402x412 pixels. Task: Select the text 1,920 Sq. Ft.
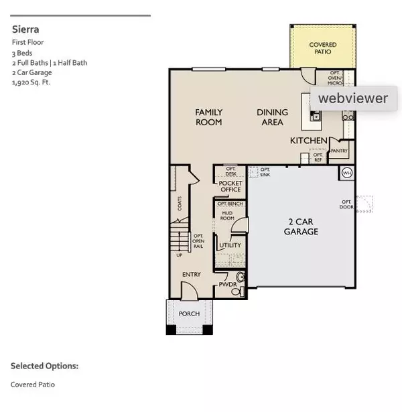click(31, 82)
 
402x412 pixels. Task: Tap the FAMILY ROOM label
click(208, 117)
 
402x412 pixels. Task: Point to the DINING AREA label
click(272, 117)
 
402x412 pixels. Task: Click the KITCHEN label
click(308, 141)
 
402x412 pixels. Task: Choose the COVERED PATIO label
click(322, 48)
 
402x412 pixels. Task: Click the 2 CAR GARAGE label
click(299, 227)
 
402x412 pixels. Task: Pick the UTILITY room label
click(229, 246)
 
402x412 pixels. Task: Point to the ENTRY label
click(192, 275)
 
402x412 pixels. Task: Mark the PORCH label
click(188, 314)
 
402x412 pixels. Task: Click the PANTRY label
click(339, 151)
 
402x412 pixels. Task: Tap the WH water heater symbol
click(347, 173)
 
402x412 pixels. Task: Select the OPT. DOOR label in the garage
click(346, 204)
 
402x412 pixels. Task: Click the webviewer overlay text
click(352, 98)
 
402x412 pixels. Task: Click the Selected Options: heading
click(44, 366)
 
